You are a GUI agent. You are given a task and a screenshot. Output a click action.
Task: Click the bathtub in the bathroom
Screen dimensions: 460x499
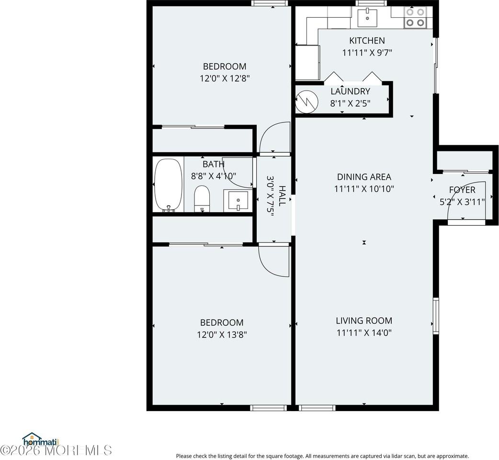[168, 185]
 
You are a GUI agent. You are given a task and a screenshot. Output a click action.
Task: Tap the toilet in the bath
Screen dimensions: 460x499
[202, 198]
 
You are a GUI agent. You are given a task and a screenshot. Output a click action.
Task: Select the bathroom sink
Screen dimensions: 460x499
[238, 200]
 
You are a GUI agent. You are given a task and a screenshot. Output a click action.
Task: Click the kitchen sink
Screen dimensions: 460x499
[367, 18]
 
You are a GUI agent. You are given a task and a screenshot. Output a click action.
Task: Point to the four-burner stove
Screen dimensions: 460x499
[415, 18]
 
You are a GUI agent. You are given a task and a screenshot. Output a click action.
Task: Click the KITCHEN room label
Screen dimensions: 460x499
[367, 41]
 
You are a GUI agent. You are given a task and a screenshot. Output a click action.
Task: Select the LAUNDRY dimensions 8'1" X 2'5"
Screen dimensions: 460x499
[351, 103]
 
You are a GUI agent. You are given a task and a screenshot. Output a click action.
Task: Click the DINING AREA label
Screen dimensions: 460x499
[364, 177]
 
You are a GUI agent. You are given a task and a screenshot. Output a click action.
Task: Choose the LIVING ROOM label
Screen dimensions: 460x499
[364, 321]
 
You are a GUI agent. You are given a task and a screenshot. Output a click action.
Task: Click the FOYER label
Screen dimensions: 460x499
[462, 190]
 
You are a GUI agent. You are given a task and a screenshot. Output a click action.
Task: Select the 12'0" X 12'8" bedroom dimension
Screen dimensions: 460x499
[225, 78]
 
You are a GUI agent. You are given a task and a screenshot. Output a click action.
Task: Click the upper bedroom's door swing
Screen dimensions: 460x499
[274, 137]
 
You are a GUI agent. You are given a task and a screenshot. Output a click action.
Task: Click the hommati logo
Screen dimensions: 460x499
[40, 439]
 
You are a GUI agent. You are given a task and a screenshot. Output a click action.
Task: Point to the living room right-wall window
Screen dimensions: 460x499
[435, 315]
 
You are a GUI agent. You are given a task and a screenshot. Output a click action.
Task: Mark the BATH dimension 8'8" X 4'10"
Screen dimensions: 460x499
[214, 176]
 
